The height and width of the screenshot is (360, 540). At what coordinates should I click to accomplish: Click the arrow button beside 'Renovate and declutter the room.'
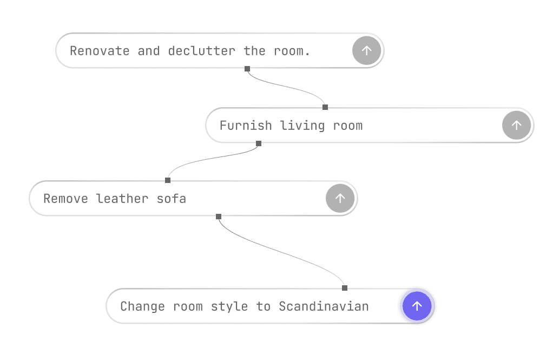click(367, 50)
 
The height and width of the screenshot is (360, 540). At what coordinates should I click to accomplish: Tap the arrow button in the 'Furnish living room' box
click(517, 125)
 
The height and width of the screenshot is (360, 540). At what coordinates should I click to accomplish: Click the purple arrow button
click(417, 306)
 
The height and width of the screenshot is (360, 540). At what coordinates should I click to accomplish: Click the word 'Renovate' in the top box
click(100, 51)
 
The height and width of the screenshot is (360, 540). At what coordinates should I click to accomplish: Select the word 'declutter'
click(201, 51)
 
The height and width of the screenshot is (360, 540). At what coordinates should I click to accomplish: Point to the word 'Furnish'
click(246, 126)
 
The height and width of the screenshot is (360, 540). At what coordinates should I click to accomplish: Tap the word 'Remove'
click(65, 199)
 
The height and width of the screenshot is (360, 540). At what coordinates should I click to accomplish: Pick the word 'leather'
click(122, 199)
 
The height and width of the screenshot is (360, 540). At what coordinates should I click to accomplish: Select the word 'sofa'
click(172, 199)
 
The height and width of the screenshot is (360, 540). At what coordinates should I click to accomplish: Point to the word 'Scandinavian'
click(324, 306)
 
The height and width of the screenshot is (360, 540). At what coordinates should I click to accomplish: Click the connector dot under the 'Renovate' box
click(247, 69)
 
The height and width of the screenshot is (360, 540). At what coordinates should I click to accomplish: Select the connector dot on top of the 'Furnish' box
click(325, 107)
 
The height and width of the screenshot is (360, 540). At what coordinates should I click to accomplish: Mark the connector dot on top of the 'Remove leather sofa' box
click(168, 180)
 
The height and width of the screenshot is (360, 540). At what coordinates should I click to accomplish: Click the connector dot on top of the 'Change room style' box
click(345, 287)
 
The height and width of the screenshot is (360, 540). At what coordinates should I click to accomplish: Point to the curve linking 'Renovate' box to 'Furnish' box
click(287, 89)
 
